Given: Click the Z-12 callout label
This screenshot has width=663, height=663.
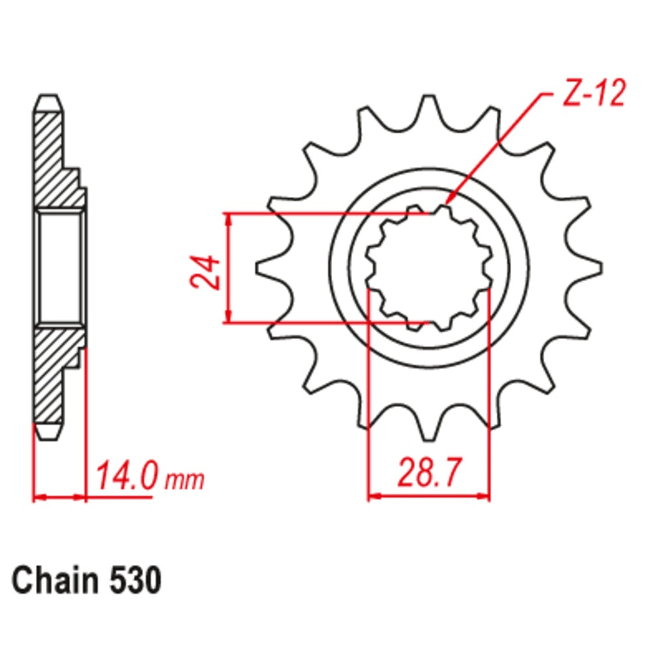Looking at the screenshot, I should [x=593, y=95].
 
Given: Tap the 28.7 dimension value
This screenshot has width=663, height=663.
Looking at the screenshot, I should [x=429, y=473].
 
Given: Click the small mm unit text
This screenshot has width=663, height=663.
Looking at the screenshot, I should [x=184, y=479].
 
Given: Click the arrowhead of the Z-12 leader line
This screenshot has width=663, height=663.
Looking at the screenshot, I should [x=449, y=199].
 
